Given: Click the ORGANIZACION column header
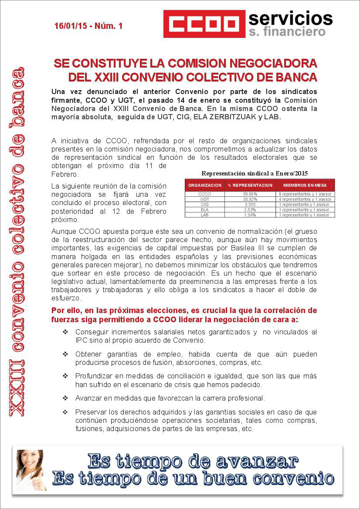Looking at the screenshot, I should point(205,185).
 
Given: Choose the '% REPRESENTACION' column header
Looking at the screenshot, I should point(250,185).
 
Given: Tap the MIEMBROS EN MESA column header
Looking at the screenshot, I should point(305,185).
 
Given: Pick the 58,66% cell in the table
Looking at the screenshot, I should point(250,194).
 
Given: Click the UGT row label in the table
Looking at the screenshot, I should point(205,199).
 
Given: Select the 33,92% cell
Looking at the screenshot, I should point(250,199).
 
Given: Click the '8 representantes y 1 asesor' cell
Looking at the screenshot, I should point(305,194).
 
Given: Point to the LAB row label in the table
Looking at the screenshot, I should point(205,215).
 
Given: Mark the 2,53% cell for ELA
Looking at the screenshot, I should point(250,209).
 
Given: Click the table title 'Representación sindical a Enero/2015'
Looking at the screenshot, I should point(255,173).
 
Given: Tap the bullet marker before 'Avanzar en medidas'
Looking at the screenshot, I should point(65,398).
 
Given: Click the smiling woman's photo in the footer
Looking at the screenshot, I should point(30,470).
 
